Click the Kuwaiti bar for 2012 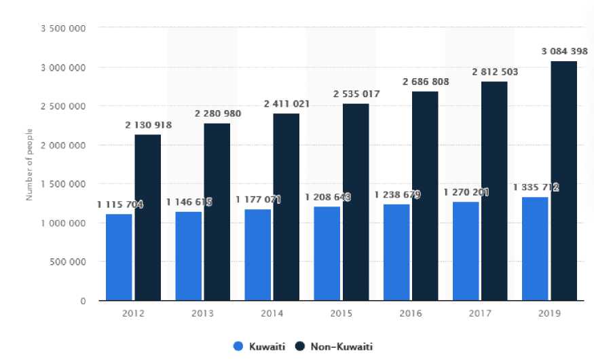pos(119,257)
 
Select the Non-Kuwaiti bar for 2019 pos(563,181)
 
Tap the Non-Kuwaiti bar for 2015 pos(356,202)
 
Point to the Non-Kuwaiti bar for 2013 pos(217,211)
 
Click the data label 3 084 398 pos(563,52)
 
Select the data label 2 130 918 pos(148,125)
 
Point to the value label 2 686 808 pos(426,82)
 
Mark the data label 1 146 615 pos(189,202)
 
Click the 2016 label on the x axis pos(411,314)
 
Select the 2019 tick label pos(550,314)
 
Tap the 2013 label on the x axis pos(202,314)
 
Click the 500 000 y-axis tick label pos(70,262)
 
